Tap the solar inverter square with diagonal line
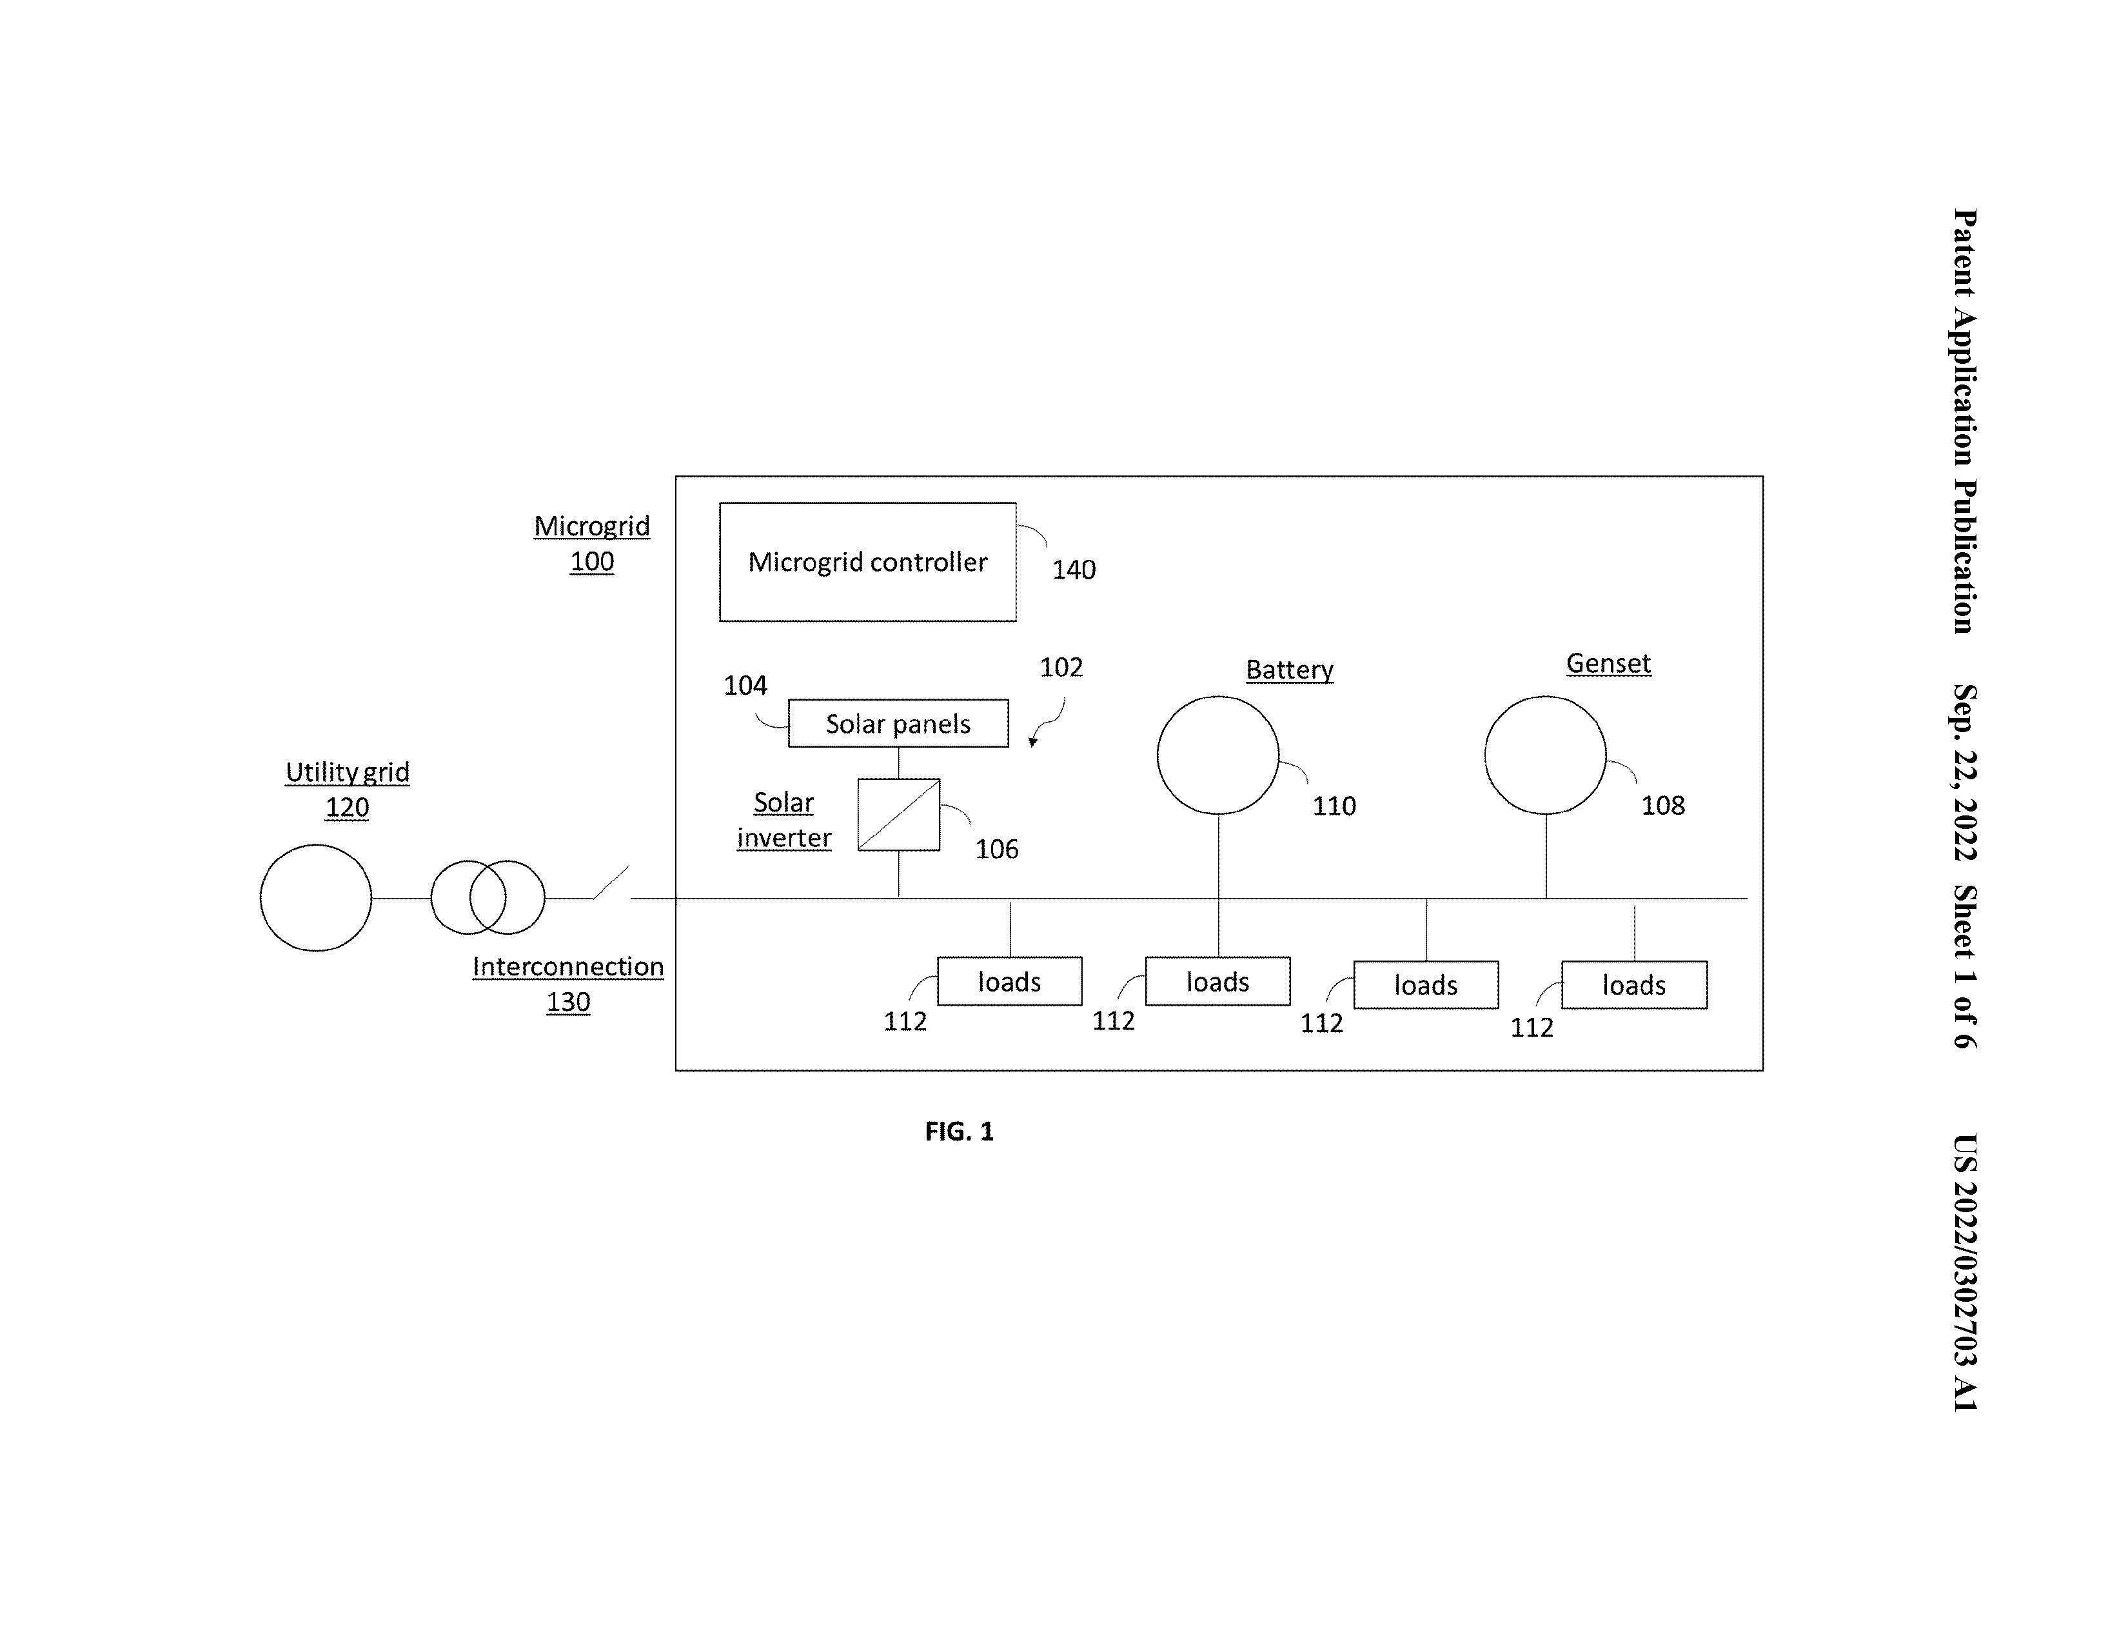pos(898,815)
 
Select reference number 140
pos(1074,570)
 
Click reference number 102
pos(1061,668)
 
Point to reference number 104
pos(745,686)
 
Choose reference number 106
pos(997,850)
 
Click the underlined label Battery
pos(1289,670)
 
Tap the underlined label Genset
pos(1609,664)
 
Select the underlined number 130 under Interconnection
pos(568,1002)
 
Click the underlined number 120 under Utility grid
pos(347,807)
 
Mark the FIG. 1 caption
pos(960,1132)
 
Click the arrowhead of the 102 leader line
pos(1033,743)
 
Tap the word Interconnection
pos(568,967)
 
